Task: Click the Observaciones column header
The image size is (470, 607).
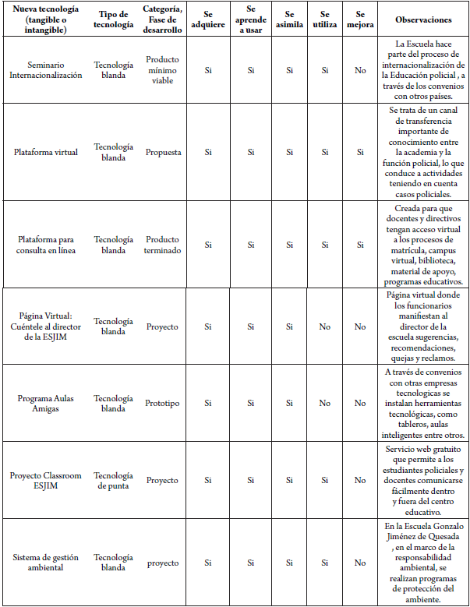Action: [423, 19]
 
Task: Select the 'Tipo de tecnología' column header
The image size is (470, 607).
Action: [113, 19]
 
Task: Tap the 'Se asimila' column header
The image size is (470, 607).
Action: [289, 19]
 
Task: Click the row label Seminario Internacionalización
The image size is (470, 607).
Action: [45, 70]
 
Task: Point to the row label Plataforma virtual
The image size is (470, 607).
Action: [45, 152]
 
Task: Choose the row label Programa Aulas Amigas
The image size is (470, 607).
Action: [45, 403]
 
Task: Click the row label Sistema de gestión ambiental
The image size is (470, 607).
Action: [45, 563]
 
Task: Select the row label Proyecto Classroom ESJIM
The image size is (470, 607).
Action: [45, 480]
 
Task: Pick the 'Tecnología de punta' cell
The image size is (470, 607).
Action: [113, 480]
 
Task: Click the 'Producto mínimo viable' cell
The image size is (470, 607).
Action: [162, 70]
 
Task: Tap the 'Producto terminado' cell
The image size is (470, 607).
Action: [162, 245]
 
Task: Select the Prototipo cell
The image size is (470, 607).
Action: [162, 403]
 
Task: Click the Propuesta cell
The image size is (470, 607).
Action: [162, 152]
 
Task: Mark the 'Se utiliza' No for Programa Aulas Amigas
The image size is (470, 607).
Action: [324, 403]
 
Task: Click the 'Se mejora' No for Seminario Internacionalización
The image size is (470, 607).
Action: [360, 70]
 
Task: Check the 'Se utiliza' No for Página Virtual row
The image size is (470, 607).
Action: [324, 326]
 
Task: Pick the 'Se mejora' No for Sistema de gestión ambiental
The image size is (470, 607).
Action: [360, 563]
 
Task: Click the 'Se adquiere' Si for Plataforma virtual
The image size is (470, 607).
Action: [208, 152]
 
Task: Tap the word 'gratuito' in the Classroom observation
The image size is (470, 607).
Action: [446, 450]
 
